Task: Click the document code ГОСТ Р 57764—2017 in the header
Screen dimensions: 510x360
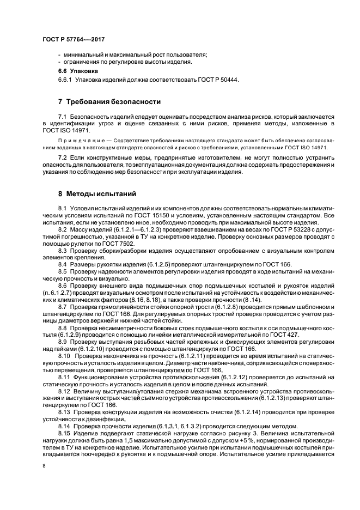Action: click(x=74, y=40)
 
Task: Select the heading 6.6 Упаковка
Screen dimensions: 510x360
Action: click(x=78, y=71)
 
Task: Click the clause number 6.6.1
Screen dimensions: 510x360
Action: click(x=66, y=80)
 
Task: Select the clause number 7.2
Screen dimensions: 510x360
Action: click(x=63, y=157)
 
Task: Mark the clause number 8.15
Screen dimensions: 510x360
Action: click(x=64, y=432)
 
